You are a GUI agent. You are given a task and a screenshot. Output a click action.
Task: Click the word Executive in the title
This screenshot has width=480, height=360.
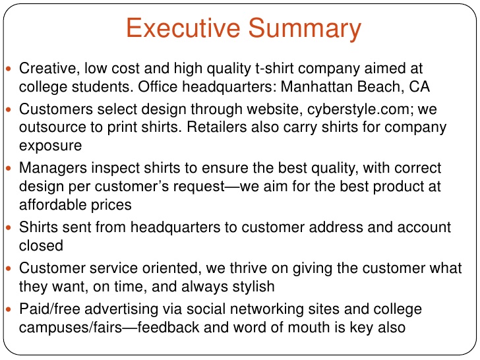point(183,28)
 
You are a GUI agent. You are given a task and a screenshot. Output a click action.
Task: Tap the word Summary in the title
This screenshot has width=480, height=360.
point(305,30)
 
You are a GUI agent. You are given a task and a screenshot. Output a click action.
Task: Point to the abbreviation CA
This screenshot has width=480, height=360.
point(419,86)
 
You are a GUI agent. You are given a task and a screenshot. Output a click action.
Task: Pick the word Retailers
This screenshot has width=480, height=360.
point(217,127)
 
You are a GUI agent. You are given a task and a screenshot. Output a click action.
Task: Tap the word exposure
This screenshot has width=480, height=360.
point(51,146)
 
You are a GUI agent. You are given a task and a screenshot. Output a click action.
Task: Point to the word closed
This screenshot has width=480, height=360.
point(41,245)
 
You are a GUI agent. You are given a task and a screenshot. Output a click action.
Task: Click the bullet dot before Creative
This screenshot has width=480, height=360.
point(9,69)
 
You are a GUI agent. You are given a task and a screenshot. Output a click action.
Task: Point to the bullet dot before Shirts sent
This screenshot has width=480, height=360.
point(9,227)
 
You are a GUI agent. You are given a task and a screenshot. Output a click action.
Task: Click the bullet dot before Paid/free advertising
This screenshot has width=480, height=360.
point(9,309)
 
